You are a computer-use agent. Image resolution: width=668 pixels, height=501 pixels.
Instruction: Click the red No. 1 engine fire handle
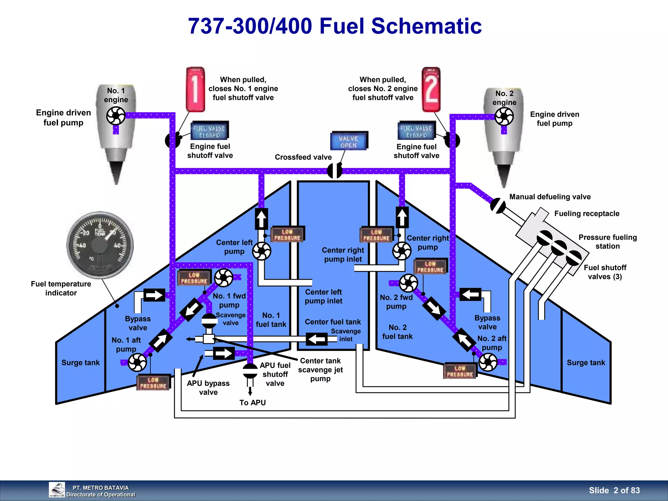point(195,89)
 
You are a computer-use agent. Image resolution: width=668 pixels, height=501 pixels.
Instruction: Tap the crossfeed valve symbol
point(335,171)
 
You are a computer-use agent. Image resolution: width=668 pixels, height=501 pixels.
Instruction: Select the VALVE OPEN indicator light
point(349,141)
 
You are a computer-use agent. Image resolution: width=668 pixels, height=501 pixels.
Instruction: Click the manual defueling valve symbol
point(498,206)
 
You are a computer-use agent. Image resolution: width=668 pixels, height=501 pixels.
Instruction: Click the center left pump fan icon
point(262,251)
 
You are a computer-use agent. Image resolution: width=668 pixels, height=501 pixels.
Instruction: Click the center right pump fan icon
point(402,251)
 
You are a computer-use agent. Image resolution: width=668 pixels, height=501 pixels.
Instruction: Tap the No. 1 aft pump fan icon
point(137,362)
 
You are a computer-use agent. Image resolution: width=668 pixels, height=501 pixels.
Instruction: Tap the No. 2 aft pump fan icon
point(488,362)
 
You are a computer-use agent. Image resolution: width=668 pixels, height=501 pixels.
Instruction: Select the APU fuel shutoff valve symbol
point(250,371)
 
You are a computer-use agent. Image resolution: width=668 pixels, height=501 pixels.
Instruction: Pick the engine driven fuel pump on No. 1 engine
point(116,115)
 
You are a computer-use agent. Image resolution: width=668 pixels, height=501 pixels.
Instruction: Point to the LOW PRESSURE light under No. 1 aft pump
point(153,383)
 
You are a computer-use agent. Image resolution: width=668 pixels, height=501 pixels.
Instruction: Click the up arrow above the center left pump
point(261,219)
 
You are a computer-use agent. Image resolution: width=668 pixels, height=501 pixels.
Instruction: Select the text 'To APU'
point(252,402)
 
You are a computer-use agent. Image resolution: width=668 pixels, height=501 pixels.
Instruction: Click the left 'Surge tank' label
point(81,363)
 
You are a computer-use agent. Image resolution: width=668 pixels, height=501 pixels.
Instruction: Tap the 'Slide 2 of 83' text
point(614,490)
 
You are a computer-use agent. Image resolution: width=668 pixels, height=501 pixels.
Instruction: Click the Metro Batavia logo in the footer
point(57,490)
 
